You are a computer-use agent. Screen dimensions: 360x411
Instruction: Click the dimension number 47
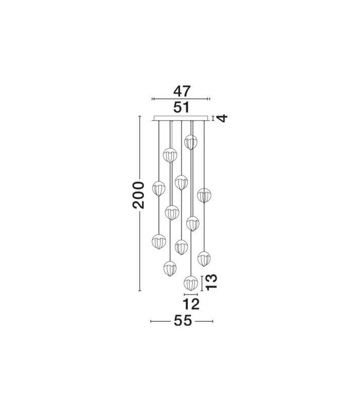pyautogui.click(x=182, y=91)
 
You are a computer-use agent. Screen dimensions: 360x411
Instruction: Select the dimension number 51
pyautogui.click(x=182, y=107)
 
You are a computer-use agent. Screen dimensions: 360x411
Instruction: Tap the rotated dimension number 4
pyautogui.click(x=222, y=119)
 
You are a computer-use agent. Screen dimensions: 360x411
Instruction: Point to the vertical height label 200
pyautogui.click(x=138, y=195)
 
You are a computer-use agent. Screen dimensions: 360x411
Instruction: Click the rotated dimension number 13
pyautogui.click(x=211, y=282)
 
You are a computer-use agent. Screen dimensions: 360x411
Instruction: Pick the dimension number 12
pyautogui.click(x=191, y=304)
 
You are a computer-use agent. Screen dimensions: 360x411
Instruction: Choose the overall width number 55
pyautogui.click(x=183, y=321)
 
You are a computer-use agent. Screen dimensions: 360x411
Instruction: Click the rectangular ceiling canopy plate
pyautogui.click(x=182, y=119)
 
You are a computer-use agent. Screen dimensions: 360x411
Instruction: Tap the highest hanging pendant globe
pyautogui.click(x=191, y=142)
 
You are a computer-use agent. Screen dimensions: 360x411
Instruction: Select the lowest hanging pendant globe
pyautogui.click(x=191, y=283)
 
